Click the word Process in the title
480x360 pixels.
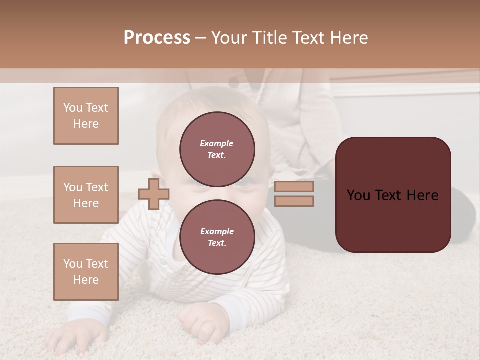tap(157, 38)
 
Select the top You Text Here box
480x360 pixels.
tap(86, 116)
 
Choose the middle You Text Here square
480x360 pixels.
tap(86, 195)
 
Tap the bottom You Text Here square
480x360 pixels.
tap(86, 272)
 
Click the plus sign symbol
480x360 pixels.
tap(153, 194)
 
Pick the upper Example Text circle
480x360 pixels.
tap(217, 149)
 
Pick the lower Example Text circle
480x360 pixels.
tap(217, 237)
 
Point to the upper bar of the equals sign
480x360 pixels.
tap(294, 187)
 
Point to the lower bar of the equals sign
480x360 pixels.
tap(294, 201)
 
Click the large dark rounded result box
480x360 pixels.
tap(393, 194)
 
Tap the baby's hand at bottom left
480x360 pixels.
tap(67, 340)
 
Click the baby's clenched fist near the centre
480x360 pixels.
tap(200, 322)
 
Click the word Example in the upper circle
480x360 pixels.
tap(217, 143)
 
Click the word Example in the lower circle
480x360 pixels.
tap(217, 231)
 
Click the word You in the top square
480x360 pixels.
tap(73, 108)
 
